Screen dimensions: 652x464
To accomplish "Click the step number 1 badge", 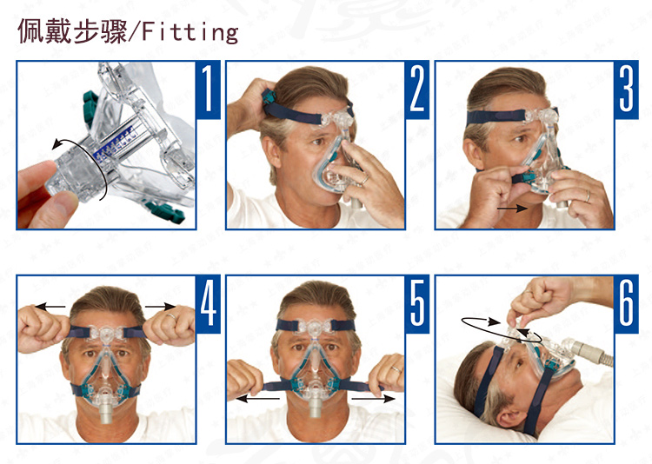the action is click(208, 89).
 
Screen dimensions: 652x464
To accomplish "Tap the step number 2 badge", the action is click(417, 89).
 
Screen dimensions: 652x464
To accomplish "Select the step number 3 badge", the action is click(626, 89).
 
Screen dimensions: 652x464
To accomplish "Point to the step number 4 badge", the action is click(208, 304).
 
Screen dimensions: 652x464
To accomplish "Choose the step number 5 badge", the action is click(417, 304).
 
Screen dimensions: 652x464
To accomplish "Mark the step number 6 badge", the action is click(626, 304).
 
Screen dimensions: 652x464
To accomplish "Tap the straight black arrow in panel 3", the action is click(512, 208).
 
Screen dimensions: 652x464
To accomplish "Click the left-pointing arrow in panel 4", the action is click(50, 307).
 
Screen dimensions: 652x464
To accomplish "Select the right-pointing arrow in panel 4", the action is click(160, 307).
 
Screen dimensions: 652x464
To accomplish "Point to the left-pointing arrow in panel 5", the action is click(258, 399).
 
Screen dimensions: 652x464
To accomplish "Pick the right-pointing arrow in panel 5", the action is click(374, 399).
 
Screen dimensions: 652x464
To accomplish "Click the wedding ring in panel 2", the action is click(364, 180).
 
